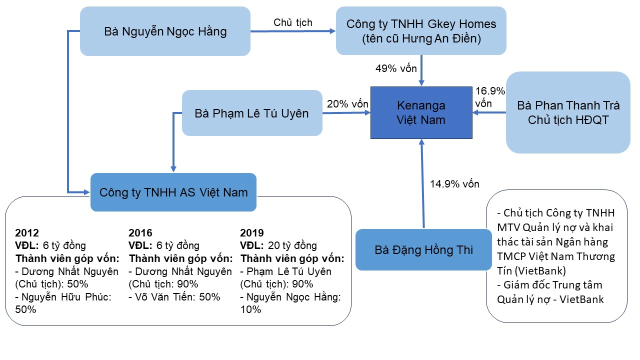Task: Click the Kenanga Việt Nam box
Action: click(421, 112)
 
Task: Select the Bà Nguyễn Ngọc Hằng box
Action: click(165, 31)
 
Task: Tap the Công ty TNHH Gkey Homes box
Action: click(421, 31)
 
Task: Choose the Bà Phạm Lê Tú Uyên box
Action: click(252, 113)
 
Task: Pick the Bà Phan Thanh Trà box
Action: click(568, 112)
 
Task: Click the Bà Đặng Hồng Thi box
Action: click(423, 249)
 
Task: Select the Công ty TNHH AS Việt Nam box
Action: click(173, 192)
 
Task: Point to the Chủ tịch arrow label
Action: click(293, 22)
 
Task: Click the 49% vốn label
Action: click(396, 68)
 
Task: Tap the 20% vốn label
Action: click(347, 103)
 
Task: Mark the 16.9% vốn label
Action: click(490, 97)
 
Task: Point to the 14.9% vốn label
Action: click(454, 183)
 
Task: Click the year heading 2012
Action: click(27, 233)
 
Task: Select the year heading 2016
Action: click(140, 233)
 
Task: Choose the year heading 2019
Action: click(251, 233)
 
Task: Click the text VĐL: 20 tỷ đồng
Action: click(278, 245)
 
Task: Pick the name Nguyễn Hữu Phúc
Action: click(66, 297)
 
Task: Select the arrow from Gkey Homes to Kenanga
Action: click(421, 70)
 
